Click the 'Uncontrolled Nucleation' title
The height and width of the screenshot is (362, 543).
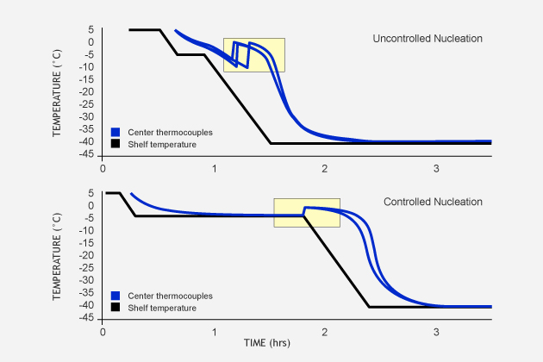tap(428, 39)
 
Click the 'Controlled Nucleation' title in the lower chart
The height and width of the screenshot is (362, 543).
tap(433, 202)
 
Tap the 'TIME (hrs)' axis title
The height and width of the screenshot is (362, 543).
tap(267, 343)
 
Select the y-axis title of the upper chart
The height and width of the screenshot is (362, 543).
tap(57, 93)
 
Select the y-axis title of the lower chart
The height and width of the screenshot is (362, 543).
tap(57, 257)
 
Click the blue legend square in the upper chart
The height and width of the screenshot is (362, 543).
tap(115, 132)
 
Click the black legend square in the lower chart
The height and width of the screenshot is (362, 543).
tap(115, 307)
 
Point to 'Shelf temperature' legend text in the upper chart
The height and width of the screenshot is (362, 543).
tap(162, 145)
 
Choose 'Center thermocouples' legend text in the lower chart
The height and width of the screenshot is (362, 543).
tap(170, 296)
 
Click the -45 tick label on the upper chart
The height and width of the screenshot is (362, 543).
tap(86, 154)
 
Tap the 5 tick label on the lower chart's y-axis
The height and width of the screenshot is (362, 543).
tap(91, 193)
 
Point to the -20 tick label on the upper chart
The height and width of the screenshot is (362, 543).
tap(86, 92)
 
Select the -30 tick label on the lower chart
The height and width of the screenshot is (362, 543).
tap(86, 281)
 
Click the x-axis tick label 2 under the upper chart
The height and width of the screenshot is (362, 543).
tap(324, 169)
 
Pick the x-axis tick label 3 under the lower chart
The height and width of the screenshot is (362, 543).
tap(436, 332)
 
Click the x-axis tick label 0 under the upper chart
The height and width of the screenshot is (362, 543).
tap(103, 169)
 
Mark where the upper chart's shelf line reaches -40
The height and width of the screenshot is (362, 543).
tap(271, 143)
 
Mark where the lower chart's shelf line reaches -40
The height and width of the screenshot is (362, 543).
tap(369, 307)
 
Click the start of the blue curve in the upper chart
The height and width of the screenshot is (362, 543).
tap(175, 30)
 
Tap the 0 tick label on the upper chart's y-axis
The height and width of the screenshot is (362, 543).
tap(91, 42)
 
